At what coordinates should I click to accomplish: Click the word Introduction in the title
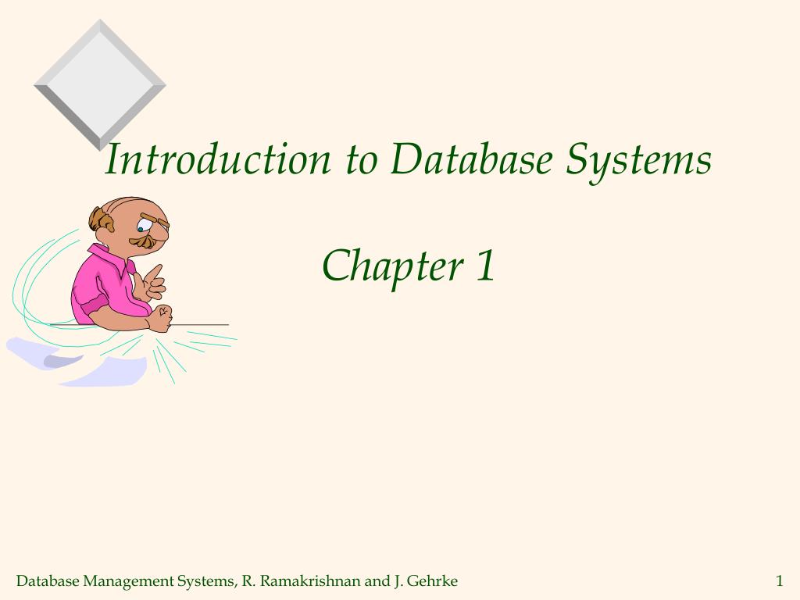218,159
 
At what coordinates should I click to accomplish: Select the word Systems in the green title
639,159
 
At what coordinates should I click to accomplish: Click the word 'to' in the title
361,159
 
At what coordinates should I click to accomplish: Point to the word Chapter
393,266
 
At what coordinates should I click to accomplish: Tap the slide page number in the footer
779,580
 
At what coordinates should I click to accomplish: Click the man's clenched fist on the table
162,319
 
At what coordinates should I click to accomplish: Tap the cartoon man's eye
141,228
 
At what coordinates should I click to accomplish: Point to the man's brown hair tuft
100,220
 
